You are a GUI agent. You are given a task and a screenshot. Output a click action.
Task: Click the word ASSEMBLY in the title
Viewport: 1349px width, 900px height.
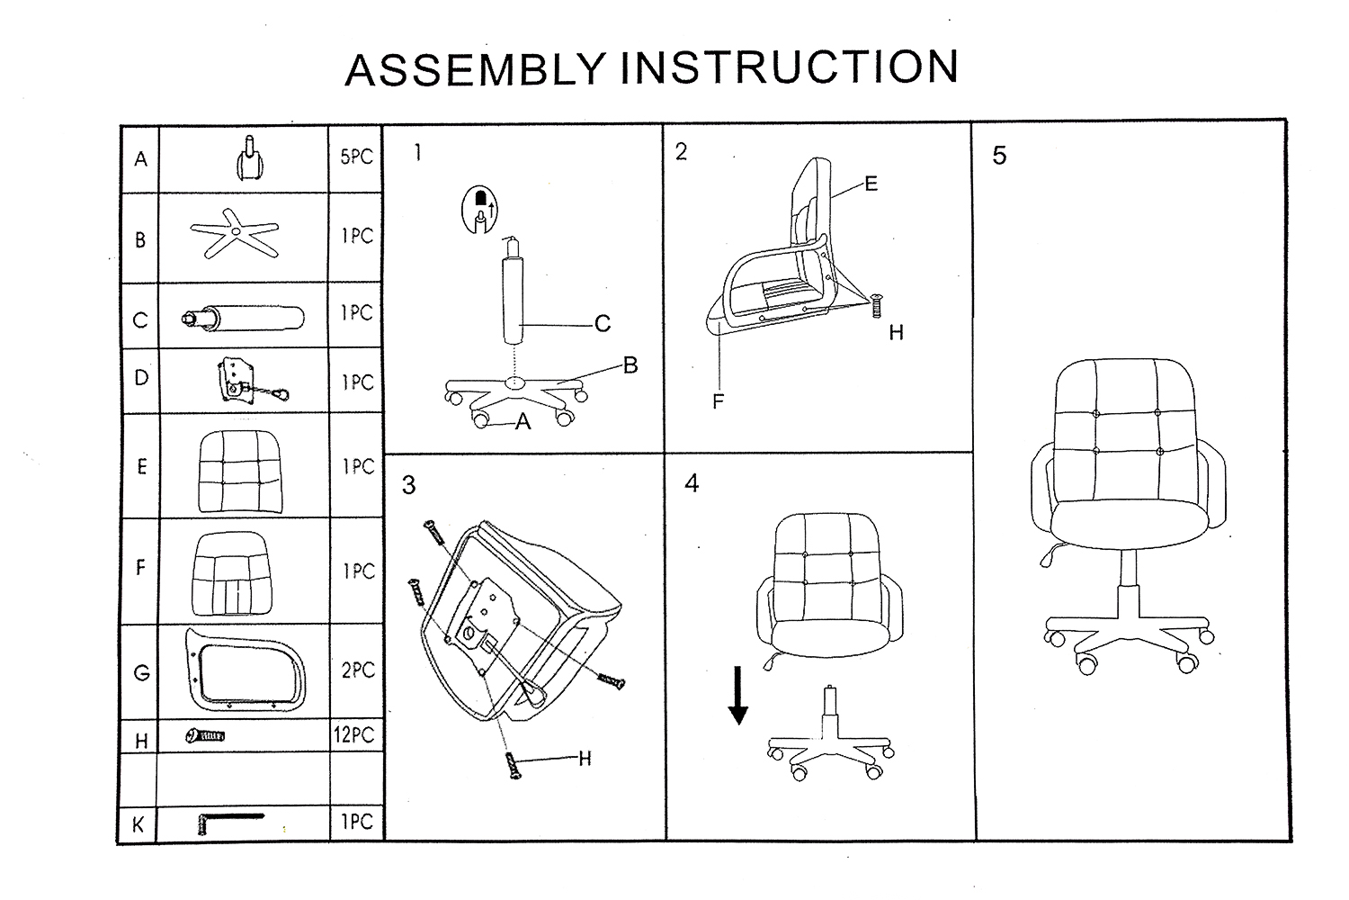[x=478, y=70]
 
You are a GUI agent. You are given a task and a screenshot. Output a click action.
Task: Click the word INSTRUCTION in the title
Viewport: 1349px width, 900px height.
[x=789, y=67]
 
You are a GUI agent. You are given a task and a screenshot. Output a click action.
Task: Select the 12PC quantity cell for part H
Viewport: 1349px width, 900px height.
[x=353, y=735]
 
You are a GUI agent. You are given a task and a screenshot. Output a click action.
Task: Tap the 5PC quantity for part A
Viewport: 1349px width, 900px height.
[x=356, y=157]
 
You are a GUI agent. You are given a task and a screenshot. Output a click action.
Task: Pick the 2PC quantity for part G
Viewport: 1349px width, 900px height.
[x=357, y=670]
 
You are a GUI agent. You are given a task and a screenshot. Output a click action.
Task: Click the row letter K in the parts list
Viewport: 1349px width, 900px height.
[x=138, y=825]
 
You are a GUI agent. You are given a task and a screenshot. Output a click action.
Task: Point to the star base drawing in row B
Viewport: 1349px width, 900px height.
[x=234, y=232]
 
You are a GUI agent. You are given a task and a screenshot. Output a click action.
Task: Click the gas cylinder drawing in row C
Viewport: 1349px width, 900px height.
[x=244, y=318]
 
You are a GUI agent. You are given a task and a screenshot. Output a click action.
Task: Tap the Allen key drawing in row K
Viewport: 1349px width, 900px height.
[x=228, y=822]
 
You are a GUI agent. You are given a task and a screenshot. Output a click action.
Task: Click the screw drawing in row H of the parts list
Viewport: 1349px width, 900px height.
[x=206, y=736]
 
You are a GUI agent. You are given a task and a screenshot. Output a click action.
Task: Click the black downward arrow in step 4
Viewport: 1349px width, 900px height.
[x=737, y=695]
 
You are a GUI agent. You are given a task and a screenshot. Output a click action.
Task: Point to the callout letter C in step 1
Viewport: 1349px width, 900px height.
[x=603, y=323]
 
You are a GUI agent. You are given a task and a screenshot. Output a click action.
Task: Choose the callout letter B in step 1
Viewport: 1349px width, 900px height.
[x=630, y=365]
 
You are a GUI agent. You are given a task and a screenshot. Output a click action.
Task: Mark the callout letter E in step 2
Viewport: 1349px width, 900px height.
[x=871, y=184]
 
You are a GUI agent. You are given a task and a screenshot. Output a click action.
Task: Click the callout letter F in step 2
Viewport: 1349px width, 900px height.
[x=718, y=402]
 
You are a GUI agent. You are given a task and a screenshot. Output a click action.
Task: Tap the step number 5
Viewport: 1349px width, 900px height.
[x=999, y=156]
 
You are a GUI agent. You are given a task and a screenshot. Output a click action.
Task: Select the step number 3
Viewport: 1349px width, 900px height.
[x=409, y=486]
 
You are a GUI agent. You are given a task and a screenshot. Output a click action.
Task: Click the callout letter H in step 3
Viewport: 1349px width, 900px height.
[x=585, y=759]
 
